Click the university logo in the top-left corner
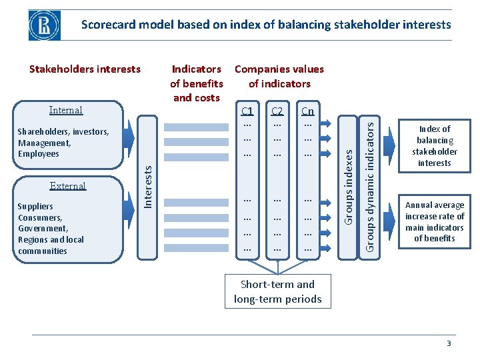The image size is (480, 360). click(x=44, y=25)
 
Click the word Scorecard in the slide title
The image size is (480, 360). click(x=109, y=25)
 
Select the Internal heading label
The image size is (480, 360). click(x=66, y=110)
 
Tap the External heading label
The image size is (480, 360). click(x=68, y=186)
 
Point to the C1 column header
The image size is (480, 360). click(x=247, y=111)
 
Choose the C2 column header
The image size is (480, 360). click(x=277, y=111)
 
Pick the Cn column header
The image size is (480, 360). click(x=307, y=111)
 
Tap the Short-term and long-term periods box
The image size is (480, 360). click(x=277, y=292)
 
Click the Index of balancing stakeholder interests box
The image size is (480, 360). click(x=435, y=146)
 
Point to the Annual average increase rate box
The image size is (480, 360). click(x=435, y=221)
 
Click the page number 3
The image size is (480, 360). click(x=449, y=343)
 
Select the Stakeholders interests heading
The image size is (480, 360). click(x=85, y=69)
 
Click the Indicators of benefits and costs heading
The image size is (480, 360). click(x=197, y=83)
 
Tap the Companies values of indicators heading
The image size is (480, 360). click(x=279, y=76)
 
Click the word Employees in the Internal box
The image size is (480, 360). click(x=39, y=154)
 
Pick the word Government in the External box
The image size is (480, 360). click(x=43, y=229)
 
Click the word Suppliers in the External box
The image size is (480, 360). click(x=36, y=207)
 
